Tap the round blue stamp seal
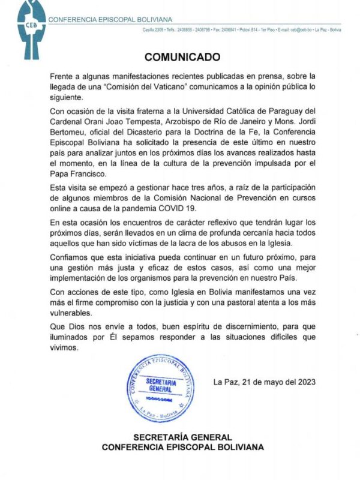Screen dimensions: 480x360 pyautogui.click(x=161, y=386)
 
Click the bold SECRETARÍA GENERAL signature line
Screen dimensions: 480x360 pyautogui.click(x=182, y=437)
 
